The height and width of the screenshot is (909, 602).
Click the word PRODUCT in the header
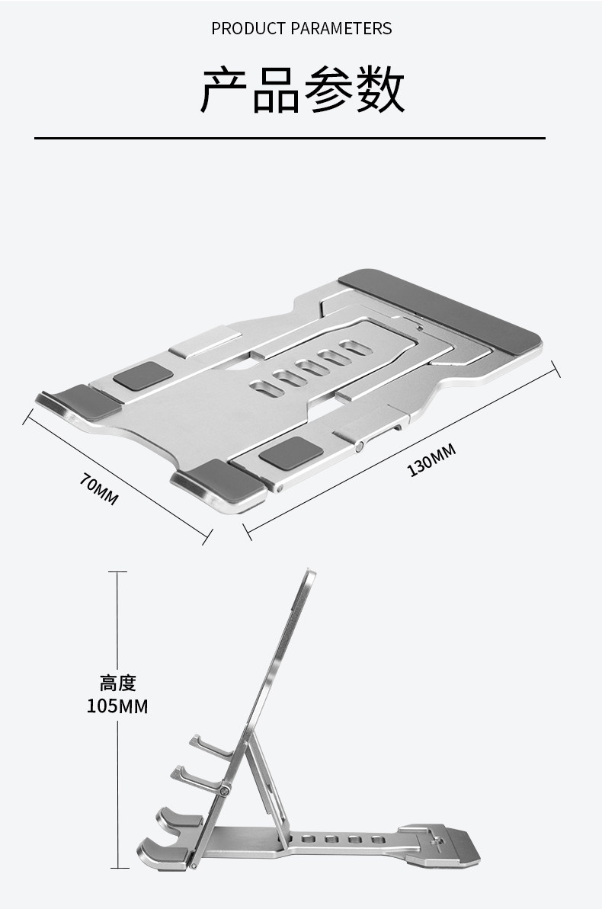pos(248,28)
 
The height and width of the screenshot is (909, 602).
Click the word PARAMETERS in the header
pos(341,28)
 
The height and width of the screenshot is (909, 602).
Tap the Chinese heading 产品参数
pos(302,90)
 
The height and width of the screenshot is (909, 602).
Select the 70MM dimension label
pos(99,489)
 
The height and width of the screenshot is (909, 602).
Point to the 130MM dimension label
pos(431,459)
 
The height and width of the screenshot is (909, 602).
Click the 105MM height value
pos(117,706)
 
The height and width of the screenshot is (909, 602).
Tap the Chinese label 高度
pos(117,683)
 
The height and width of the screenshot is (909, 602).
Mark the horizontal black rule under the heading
pos(290,139)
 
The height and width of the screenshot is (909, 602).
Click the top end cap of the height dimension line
pos(117,572)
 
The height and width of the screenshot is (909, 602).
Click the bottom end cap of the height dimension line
pos(120,868)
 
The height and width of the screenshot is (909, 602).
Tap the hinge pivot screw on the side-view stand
pos(225,789)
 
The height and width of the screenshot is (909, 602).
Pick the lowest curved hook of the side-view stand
pos(162,853)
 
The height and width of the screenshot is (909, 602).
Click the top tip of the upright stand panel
pos(312,571)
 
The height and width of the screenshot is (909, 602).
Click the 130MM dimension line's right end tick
pos(556,370)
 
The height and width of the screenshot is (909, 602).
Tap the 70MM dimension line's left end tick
pos(27,417)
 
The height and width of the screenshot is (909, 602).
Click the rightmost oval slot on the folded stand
pos(356,348)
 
